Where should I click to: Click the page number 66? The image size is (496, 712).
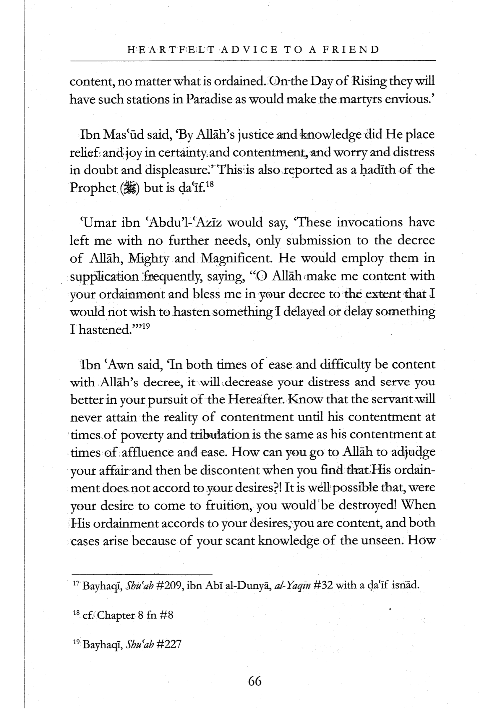click(x=255, y=681)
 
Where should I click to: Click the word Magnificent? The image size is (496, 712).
click(x=237, y=258)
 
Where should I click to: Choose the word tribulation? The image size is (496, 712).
click(x=220, y=435)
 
